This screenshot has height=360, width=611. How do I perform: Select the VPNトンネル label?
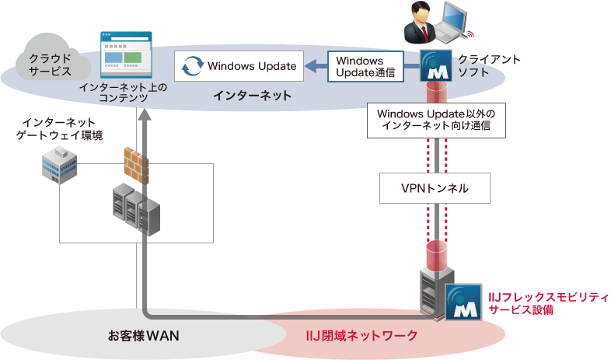(435, 188)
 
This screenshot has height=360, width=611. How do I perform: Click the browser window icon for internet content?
(124, 54)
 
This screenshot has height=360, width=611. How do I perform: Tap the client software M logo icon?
(435, 67)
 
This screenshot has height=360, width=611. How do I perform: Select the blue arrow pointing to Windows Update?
(313, 67)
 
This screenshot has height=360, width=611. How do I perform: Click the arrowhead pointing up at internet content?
(143, 114)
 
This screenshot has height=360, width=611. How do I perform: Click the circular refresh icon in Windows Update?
(190, 67)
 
